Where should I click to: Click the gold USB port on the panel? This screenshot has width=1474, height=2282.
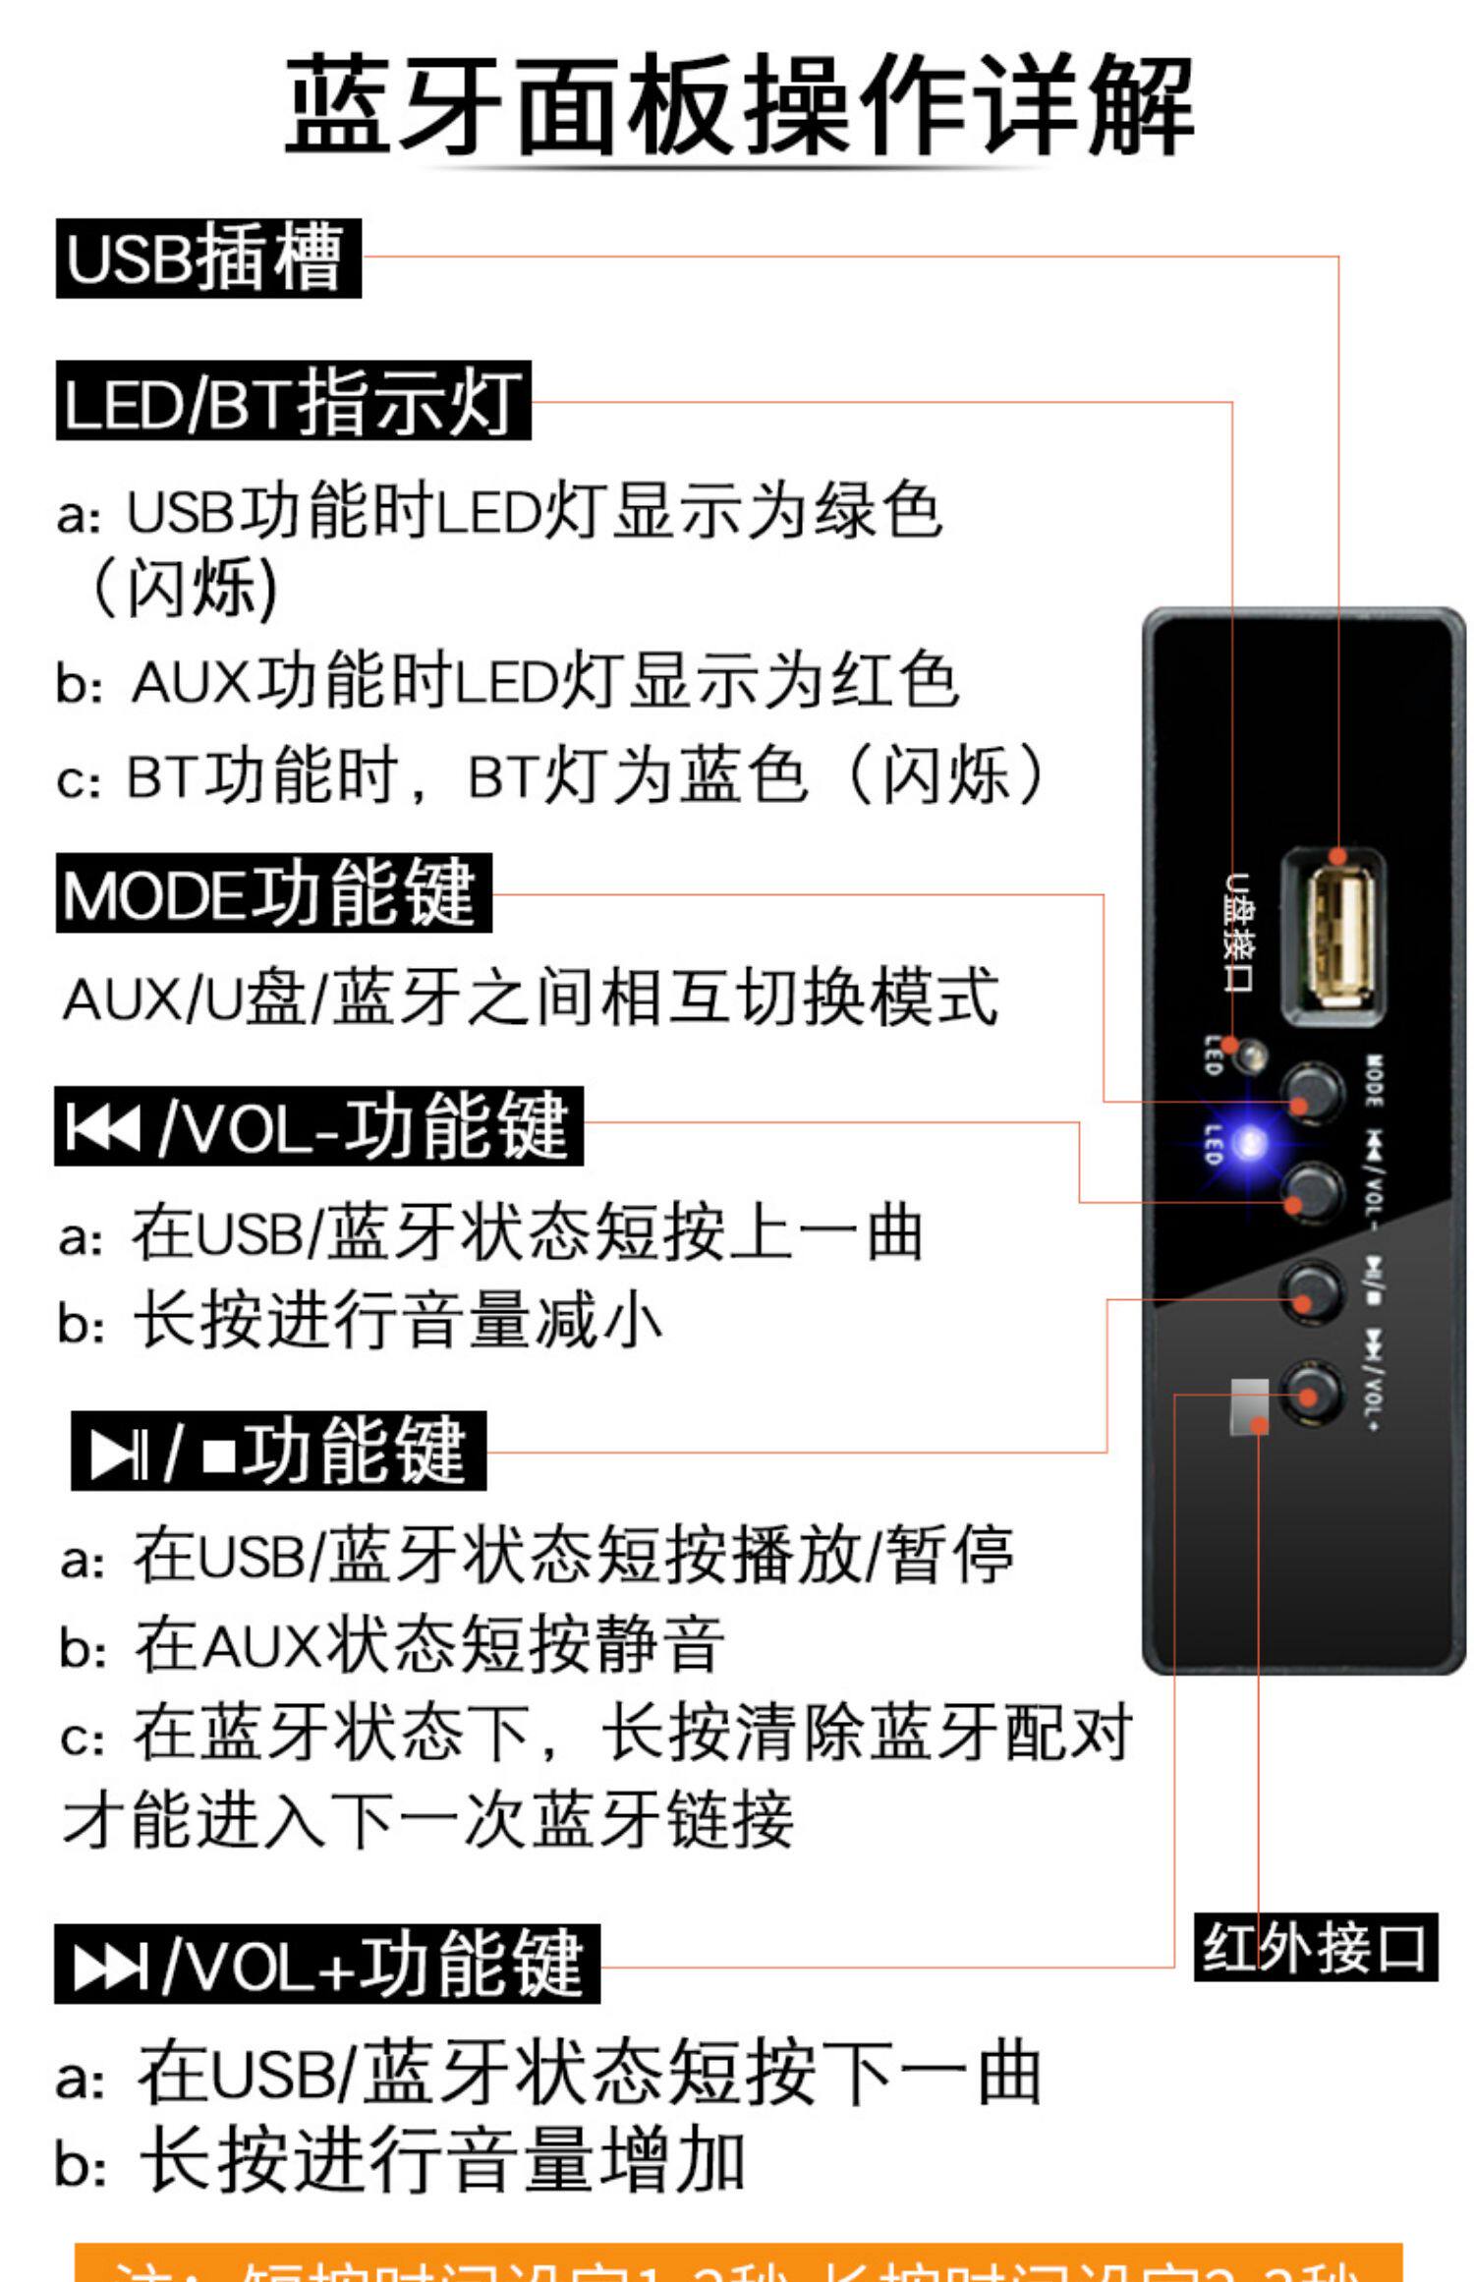coord(1333,937)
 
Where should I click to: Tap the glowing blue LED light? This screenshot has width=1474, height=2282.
coord(1251,1143)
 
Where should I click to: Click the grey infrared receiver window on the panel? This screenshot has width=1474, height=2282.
coord(1249,1405)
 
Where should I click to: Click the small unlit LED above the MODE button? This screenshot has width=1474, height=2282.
coord(1250,1056)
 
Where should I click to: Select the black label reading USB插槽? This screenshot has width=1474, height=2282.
coord(208,258)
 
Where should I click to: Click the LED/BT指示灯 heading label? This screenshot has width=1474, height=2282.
coord(293,401)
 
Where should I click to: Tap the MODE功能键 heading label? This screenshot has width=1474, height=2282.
coord(273,893)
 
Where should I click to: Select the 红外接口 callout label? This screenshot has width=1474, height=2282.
coord(1315,1947)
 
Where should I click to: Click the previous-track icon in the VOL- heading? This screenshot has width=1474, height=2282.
coord(101,1126)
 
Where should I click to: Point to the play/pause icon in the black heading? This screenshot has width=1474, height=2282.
coord(117,1453)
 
